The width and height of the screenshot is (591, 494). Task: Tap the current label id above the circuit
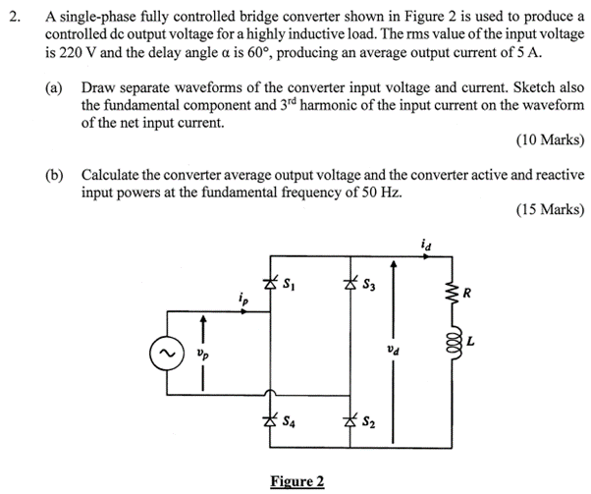click(423, 245)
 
